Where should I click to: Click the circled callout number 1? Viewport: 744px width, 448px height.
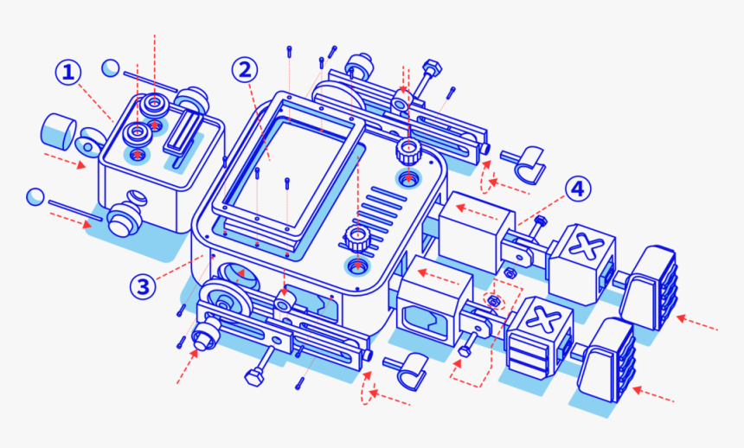coord(69,73)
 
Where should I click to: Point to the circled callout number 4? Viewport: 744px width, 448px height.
coord(578,188)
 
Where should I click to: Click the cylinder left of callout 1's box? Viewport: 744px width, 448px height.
coord(57,131)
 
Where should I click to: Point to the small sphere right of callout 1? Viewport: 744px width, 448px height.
coord(110,67)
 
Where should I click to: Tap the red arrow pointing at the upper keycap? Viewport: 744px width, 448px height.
coord(697,323)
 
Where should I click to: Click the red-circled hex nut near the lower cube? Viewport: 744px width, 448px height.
coord(495,302)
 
